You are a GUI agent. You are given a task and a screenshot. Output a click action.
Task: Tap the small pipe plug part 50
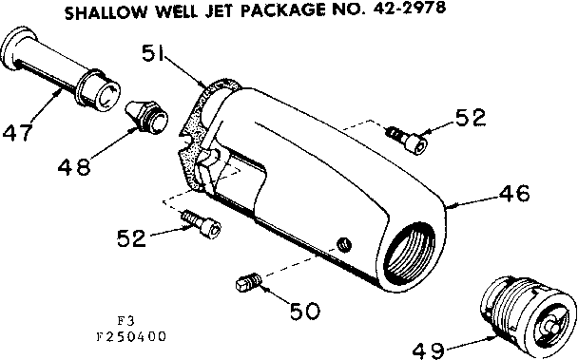coord(247,281)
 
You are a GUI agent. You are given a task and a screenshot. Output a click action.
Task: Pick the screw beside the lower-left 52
coord(203,224)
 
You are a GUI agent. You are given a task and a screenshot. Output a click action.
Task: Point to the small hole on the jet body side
coord(346,242)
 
